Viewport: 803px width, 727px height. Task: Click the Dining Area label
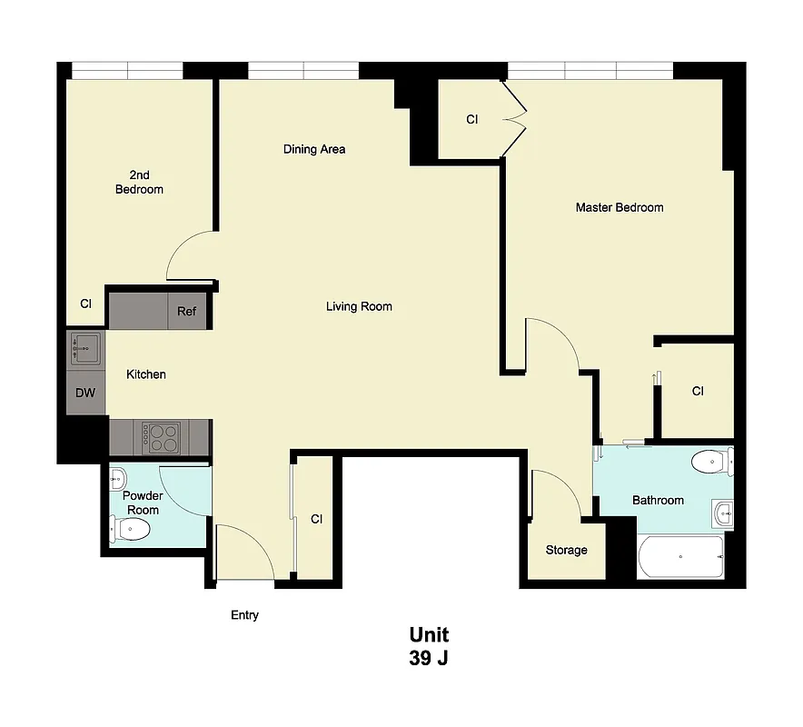[313, 149]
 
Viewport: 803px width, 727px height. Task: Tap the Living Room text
[359, 306]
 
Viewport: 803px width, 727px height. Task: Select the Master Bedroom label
[619, 207]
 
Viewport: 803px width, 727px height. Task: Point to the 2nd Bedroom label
[139, 182]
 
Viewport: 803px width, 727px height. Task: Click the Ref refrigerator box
[186, 311]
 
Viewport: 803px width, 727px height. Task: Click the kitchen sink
[86, 348]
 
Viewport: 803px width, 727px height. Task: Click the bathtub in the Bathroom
[680, 556]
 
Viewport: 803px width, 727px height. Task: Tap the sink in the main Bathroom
[722, 513]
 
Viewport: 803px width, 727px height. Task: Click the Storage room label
[566, 550]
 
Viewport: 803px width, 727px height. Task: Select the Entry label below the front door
[244, 615]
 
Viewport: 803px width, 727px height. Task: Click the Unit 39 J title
[428, 646]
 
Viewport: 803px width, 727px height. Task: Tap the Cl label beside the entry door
[316, 519]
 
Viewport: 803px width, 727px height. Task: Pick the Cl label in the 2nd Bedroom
[85, 304]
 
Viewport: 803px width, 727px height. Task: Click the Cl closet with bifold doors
[471, 119]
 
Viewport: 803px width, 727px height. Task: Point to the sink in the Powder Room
[117, 477]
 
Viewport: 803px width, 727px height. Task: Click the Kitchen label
[145, 374]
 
